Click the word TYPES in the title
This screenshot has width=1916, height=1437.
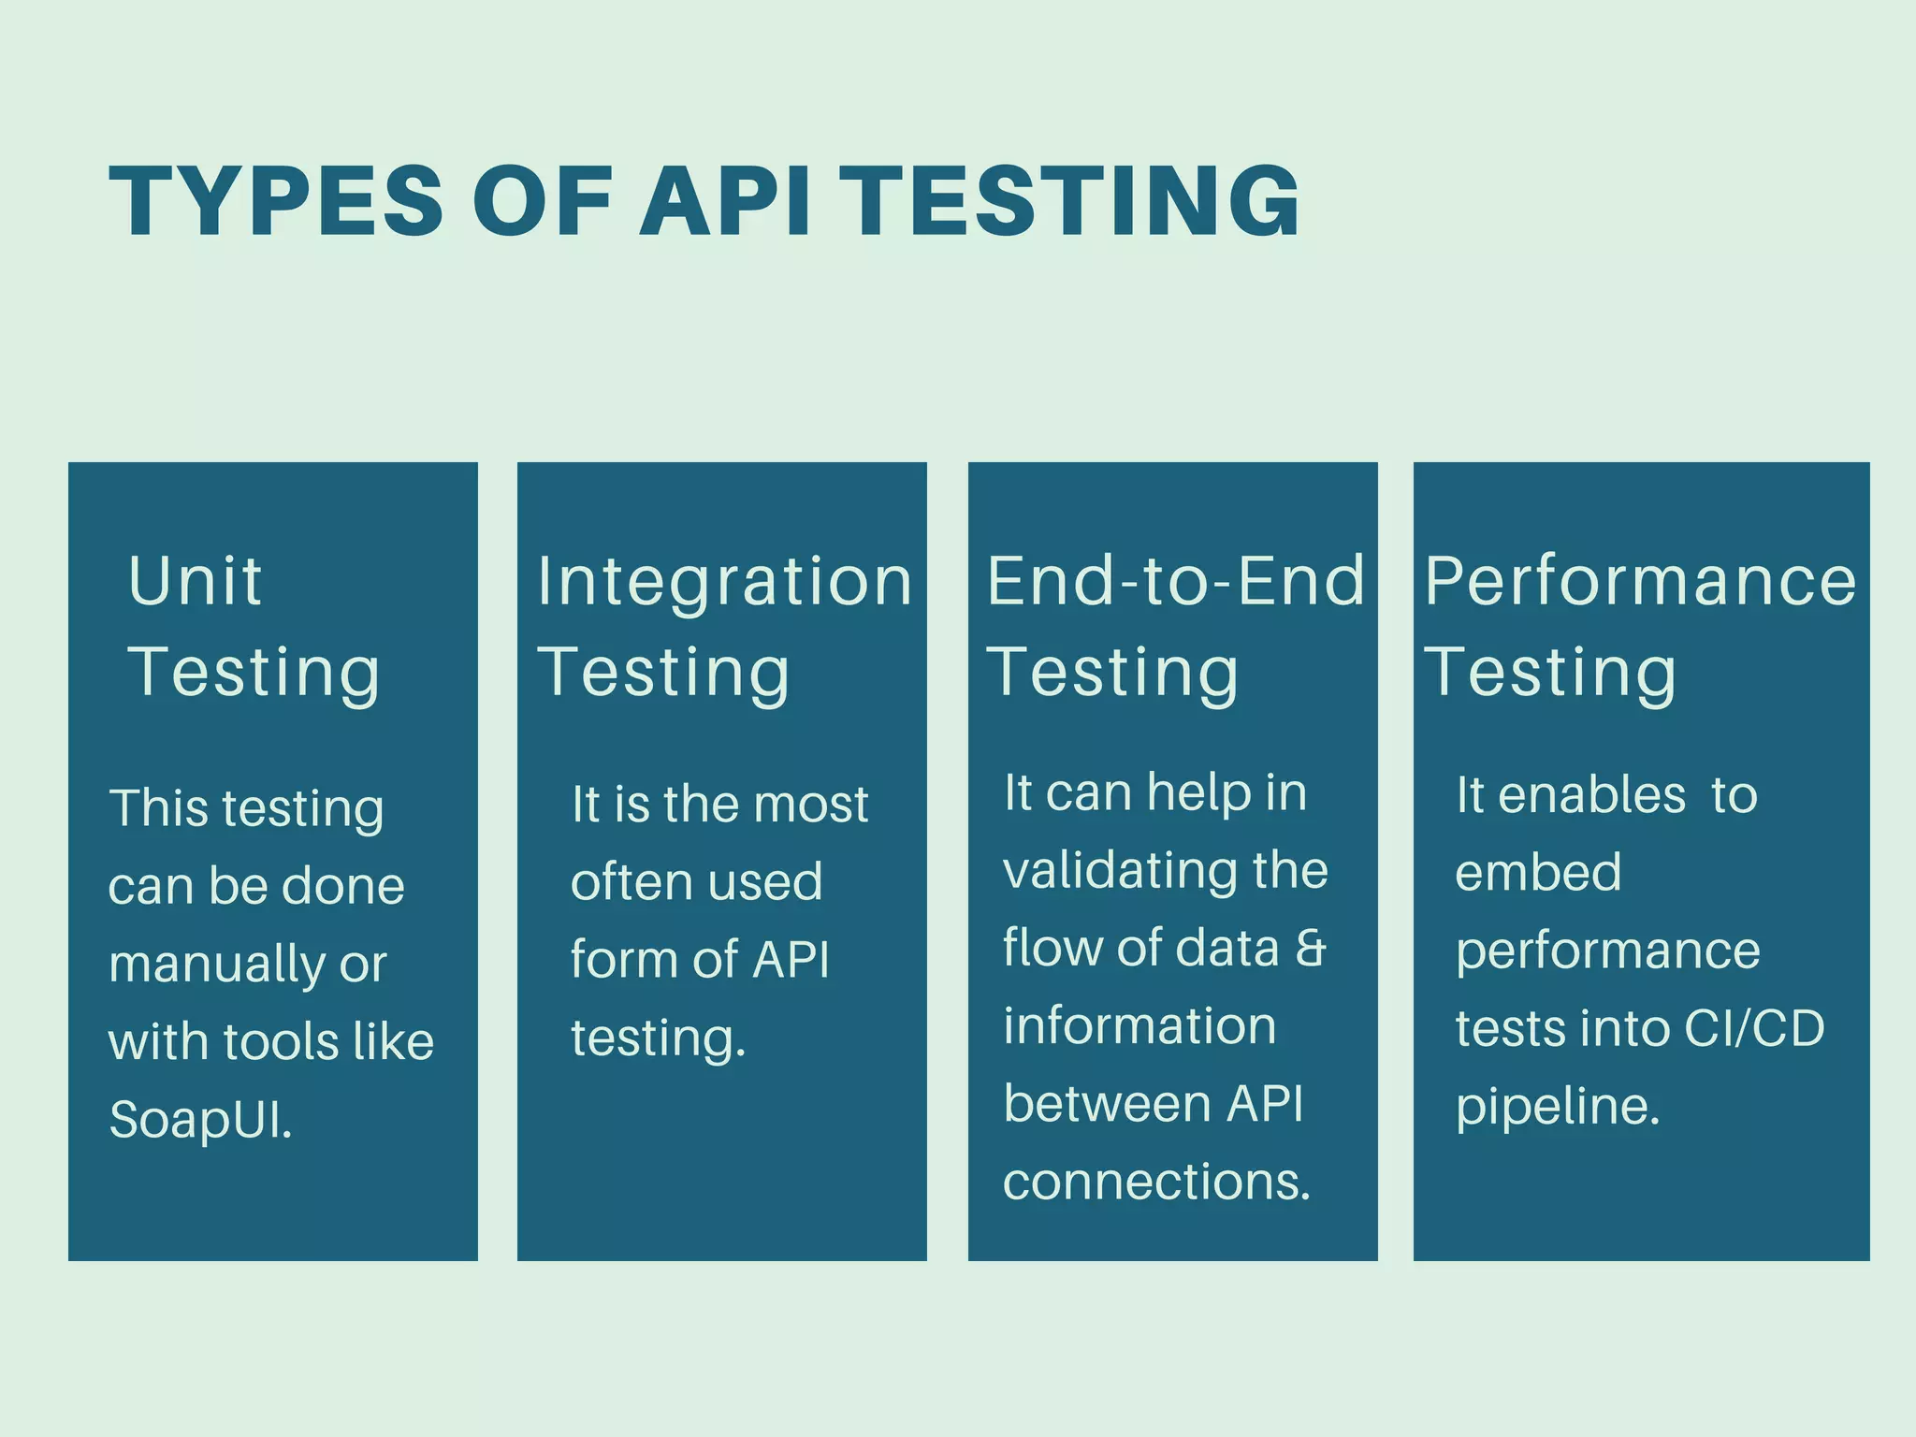pos(276,201)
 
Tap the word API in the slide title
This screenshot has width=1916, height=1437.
pos(725,201)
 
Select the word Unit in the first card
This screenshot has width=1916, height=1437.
pos(195,581)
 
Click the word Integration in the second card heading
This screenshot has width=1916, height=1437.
pos(724,581)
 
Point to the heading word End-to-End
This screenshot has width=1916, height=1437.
pos(1175,581)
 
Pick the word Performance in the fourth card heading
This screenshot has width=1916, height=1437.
pos(1639,581)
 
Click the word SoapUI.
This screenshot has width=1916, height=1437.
pos(200,1119)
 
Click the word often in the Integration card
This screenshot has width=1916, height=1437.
pos(620,881)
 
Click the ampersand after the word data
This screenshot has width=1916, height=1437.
pos(1312,948)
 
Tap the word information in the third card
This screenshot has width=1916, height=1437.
pos(1139,1025)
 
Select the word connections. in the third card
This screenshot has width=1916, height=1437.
pos(1156,1182)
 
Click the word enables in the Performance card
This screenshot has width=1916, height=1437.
pos(1591,795)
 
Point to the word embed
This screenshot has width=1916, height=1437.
pos(1537,873)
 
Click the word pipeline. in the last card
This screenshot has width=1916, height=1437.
pos(1558,1107)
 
